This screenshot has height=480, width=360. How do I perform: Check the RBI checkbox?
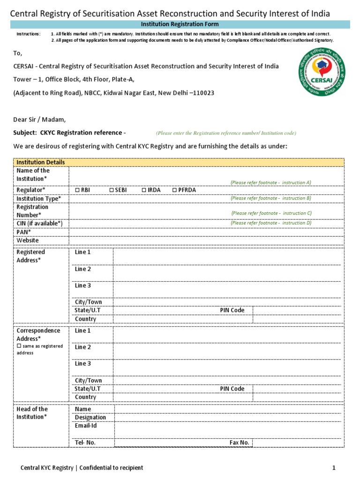(77, 190)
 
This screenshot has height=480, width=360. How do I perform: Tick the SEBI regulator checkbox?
(112, 190)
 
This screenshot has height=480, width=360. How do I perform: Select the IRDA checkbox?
(144, 190)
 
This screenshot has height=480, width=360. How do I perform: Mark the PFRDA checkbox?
(174, 190)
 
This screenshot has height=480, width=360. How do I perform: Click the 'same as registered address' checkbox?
(19, 346)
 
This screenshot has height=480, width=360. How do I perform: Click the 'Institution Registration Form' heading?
(180, 24)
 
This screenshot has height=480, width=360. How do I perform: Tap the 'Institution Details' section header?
(41, 162)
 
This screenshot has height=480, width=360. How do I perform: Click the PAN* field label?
(24, 232)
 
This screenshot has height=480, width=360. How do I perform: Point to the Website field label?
(28, 240)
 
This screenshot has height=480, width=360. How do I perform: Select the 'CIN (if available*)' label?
(39, 223)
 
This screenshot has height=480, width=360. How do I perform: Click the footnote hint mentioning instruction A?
(270, 182)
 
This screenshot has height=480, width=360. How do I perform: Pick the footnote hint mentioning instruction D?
(270, 223)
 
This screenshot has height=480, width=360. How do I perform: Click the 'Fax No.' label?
(239, 442)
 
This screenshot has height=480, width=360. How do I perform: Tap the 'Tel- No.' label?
(88, 442)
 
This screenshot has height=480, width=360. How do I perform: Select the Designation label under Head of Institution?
(90, 417)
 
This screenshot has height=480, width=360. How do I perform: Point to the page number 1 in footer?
(334, 468)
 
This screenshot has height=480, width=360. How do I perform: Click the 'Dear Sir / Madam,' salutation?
(39, 119)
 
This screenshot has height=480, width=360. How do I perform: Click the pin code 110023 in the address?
(202, 93)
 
